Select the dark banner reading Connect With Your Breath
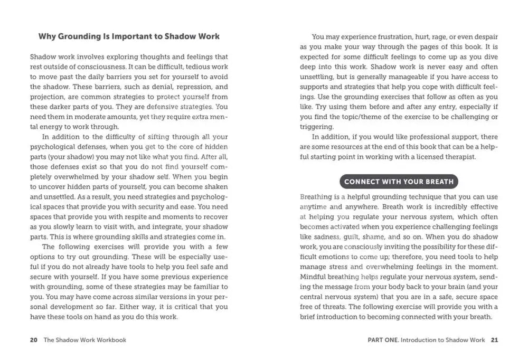pos(399,182)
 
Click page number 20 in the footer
pos(33,340)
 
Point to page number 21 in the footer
pos(494,340)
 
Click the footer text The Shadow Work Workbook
pos(85,340)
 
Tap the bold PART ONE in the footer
pos(383,340)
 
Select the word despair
pos(484,37)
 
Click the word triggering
pos(316,127)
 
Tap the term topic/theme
pos(359,117)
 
